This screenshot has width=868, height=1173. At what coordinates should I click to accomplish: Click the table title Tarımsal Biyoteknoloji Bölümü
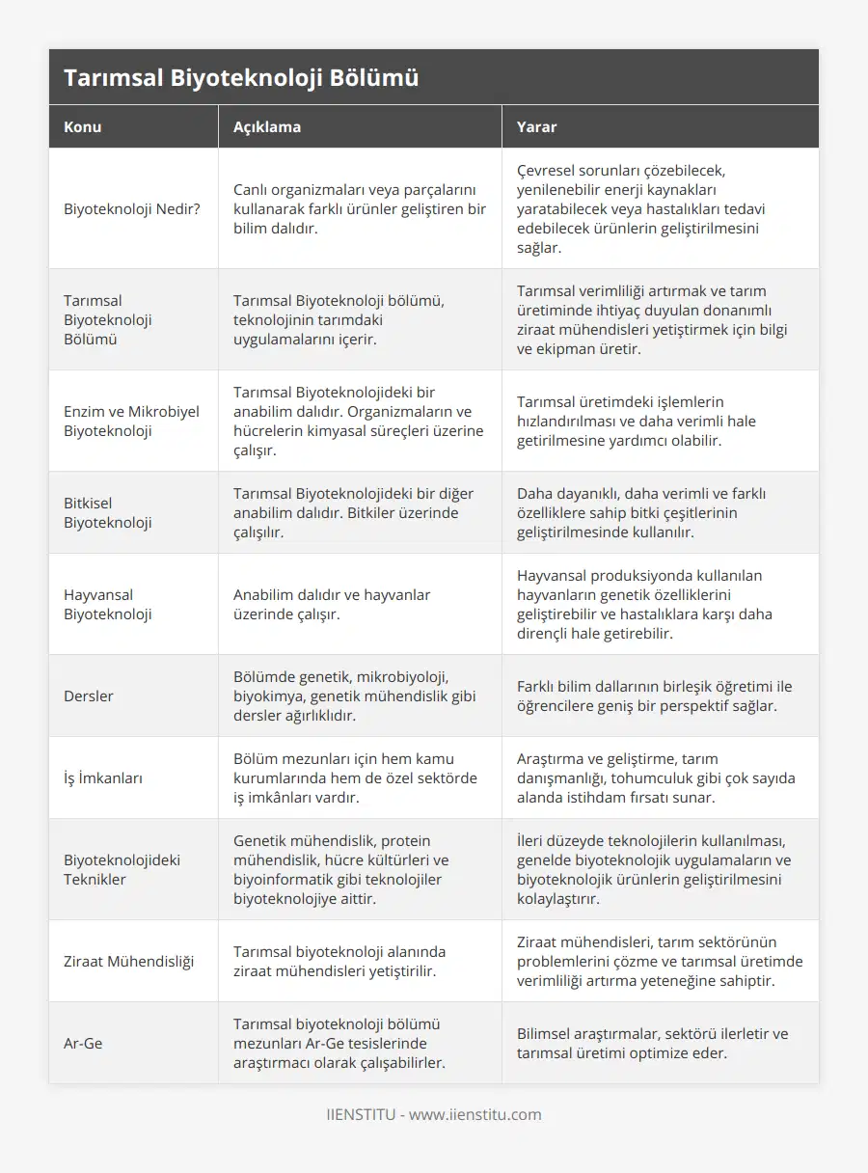[241, 78]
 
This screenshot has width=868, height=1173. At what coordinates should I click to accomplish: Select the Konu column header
[83, 126]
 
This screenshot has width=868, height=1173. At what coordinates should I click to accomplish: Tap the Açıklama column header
[267, 126]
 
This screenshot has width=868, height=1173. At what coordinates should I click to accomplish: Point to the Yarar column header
[536, 126]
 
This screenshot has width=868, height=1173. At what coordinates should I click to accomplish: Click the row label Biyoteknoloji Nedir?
[132, 208]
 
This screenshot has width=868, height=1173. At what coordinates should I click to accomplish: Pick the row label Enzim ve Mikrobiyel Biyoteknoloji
[131, 421]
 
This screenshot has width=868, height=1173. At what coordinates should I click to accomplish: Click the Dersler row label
[89, 696]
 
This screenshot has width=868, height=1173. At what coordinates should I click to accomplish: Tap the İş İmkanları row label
[103, 777]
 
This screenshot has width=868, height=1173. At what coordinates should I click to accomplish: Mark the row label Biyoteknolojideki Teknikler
[122, 869]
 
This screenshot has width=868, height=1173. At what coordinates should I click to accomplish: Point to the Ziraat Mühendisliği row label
[128, 961]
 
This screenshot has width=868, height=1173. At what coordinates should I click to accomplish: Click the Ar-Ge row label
[83, 1043]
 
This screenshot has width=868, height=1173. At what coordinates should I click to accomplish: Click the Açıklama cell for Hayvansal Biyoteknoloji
[332, 604]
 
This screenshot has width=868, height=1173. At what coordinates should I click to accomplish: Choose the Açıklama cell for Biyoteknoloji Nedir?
[359, 208]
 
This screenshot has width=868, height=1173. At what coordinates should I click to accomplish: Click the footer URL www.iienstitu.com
[475, 1114]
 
